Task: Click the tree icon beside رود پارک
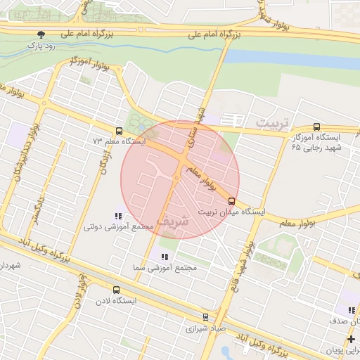click(x=41, y=34)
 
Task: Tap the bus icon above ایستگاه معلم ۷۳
click(x=119, y=130)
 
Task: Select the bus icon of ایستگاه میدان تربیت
click(x=232, y=200)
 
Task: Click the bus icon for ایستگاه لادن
click(x=116, y=290)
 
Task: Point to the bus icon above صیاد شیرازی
click(x=205, y=317)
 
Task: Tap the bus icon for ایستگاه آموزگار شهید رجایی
click(x=316, y=127)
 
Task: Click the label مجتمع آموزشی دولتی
click(x=118, y=226)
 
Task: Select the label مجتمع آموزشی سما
click(x=164, y=268)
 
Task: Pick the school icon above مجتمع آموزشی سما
click(x=165, y=257)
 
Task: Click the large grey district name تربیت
click(x=271, y=123)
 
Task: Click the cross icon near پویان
click(x=351, y=340)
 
